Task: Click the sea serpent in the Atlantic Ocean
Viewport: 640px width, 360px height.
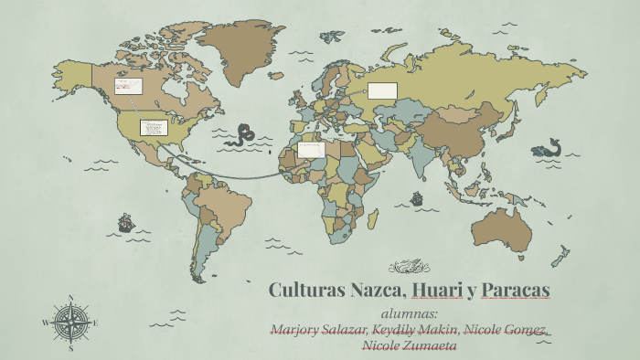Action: click(x=244, y=136)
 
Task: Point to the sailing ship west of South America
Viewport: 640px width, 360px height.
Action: click(x=125, y=222)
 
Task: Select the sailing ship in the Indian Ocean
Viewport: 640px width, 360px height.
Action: click(x=417, y=197)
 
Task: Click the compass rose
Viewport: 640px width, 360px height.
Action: click(x=70, y=323)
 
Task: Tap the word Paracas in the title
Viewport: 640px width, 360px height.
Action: click(x=515, y=291)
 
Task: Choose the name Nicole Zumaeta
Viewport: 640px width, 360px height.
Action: click(x=410, y=344)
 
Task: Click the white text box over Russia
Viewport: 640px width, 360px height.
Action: click(x=382, y=90)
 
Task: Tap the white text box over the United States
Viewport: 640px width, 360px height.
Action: click(x=152, y=127)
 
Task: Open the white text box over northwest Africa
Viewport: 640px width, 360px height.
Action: click(x=311, y=149)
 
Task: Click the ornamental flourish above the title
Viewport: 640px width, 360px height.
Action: click(x=408, y=267)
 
